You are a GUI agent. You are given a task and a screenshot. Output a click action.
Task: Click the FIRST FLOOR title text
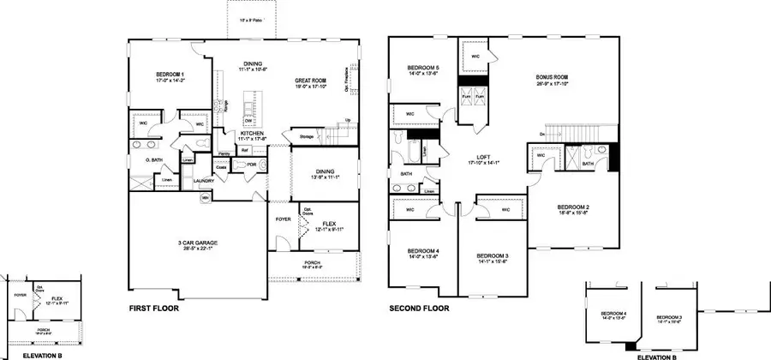coord(154,307)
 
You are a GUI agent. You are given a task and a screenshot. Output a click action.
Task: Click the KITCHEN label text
coord(229,134)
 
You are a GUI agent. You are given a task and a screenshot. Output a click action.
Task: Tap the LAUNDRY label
coord(203,181)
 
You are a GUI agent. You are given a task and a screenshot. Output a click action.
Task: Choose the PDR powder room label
coord(252,165)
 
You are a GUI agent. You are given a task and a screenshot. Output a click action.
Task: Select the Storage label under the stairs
coord(307,136)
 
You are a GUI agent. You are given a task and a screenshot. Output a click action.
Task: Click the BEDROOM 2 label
coord(573,207)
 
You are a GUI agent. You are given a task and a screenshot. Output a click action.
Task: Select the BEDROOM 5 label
coord(422,69)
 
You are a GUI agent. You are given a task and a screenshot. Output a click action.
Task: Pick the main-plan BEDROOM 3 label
coord(492,255)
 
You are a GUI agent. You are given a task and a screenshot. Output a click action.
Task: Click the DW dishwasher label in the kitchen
coord(247,121)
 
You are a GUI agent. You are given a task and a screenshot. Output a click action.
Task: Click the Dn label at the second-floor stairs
coord(542,134)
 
